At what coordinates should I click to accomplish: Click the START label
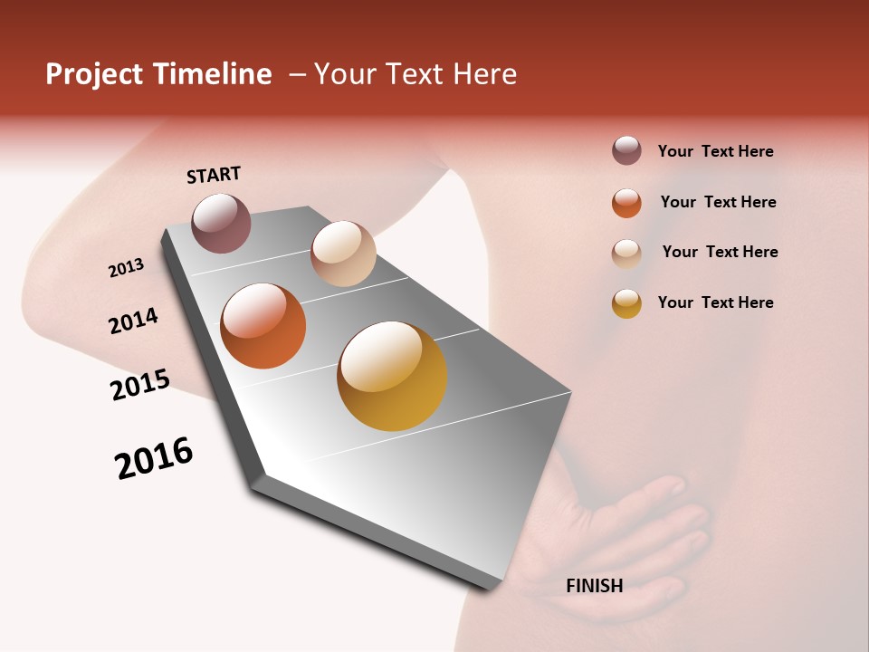pos(214,175)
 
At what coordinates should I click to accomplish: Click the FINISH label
pos(594,586)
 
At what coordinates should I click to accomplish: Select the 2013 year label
pos(126,268)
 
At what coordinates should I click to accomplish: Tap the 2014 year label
pos(133,321)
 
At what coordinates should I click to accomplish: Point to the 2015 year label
pos(140,385)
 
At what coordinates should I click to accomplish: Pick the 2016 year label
pos(154,458)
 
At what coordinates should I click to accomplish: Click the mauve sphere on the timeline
pos(222,223)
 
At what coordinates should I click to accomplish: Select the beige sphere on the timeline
pos(343,254)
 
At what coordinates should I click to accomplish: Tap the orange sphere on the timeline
pos(263,326)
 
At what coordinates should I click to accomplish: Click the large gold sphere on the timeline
pos(392,376)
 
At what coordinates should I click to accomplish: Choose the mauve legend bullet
pos(626,150)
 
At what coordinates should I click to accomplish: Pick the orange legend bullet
pos(626,203)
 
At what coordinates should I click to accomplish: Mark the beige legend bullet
pos(626,254)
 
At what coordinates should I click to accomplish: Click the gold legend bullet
pos(626,303)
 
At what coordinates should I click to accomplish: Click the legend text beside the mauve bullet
pos(715,152)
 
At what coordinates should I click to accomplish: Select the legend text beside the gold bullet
pos(715,302)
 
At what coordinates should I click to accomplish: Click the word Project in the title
pos(94,74)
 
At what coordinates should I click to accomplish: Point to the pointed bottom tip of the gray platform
pos(493,587)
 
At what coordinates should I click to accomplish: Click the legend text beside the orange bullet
pos(718,202)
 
